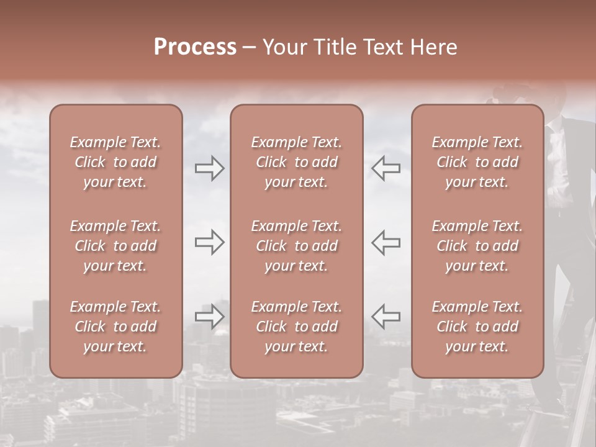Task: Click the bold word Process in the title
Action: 195,47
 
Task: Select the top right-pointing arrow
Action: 209,168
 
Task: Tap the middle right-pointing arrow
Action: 209,242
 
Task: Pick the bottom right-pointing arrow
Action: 209,316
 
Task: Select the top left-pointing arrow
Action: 386,168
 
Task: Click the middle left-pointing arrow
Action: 386,242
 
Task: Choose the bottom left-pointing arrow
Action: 386,316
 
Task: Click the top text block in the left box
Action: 115,162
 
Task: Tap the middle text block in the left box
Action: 115,246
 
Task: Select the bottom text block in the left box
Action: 115,327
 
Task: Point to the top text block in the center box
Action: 296,162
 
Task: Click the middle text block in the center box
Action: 296,246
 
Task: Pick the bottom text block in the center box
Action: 296,327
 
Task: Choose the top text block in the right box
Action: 477,162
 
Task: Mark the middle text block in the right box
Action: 477,246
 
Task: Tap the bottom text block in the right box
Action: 477,327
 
